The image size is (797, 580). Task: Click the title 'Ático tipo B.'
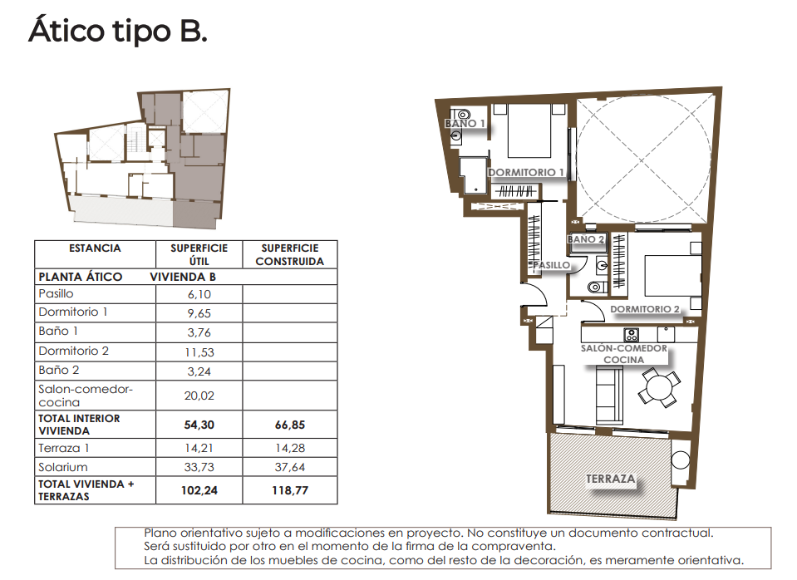pos(117,32)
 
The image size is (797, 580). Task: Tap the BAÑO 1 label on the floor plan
pos(465,124)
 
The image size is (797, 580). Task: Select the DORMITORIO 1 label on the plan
pos(526,173)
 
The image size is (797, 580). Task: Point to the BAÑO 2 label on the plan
pos(586,239)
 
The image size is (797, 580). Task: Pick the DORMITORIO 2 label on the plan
pos(645,309)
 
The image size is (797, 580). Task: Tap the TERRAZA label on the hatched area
pos(610,479)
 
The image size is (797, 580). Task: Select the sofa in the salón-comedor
pos(608,396)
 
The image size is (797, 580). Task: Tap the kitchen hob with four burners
pos(630,335)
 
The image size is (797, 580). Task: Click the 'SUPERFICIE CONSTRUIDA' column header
pos(289,254)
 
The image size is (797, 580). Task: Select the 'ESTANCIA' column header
pos(95,248)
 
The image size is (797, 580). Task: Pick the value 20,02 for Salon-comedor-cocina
pos(199,396)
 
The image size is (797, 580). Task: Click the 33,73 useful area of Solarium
pos(199,467)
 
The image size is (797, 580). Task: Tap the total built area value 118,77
pos(289,490)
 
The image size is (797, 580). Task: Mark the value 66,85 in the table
pos(289,425)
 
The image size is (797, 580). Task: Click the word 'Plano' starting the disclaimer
pos(160,533)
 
